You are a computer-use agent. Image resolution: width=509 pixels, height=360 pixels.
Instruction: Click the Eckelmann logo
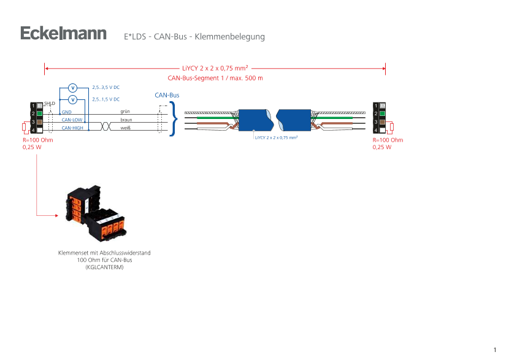(63, 33)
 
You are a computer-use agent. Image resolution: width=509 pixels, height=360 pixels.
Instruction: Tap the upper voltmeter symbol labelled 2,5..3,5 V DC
(72, 88)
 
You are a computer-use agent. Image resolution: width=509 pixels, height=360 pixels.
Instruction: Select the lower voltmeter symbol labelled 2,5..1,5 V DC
(72, 99)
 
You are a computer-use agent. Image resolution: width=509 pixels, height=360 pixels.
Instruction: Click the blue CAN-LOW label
(72, 120)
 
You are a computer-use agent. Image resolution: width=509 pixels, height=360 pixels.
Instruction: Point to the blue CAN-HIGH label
(72, 128)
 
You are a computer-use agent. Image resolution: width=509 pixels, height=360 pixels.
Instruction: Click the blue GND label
(66, 112)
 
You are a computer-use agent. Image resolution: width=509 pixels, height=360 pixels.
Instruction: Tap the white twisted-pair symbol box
(105, 125)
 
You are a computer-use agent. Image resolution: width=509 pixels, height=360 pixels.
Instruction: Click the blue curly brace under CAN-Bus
(173, 119)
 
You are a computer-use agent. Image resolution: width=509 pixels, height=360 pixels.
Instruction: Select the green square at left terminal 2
(39, 113)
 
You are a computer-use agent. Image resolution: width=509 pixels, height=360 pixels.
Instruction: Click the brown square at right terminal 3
(381, 121)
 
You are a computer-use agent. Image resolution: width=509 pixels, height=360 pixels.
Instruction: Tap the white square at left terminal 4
(39, 130)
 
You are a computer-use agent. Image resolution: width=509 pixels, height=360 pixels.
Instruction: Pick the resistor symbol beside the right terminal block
(391, 127)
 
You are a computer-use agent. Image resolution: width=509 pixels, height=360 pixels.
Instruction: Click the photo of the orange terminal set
(96, 213)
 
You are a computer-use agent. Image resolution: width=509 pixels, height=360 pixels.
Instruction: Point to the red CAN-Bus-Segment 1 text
(215, 79)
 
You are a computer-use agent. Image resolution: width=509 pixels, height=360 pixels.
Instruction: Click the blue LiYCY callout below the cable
(276, 138)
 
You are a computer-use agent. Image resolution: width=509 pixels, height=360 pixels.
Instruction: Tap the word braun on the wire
(126, 120)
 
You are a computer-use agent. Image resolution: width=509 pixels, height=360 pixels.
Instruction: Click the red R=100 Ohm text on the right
(388, 140)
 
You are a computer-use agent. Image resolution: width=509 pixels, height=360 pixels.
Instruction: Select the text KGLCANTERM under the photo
(104, 267)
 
